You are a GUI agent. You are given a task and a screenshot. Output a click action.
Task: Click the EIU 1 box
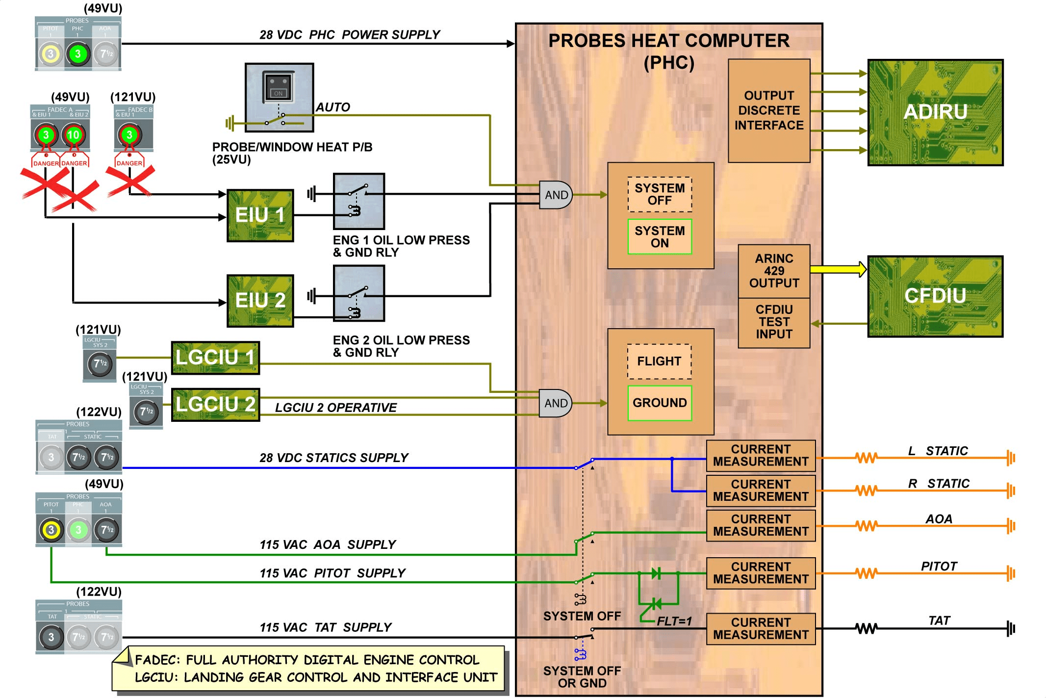(x=260, y=215)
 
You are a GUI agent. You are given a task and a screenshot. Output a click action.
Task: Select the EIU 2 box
(x=260, y=301)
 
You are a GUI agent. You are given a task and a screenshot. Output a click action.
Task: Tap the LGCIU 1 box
(x=215, y=358)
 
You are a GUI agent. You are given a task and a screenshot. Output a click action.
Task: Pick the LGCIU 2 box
(x=215, y=405)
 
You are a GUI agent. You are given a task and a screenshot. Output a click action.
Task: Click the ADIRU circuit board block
(x=935, y=113)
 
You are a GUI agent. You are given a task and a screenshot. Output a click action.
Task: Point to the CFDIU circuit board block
(x=935, y=296)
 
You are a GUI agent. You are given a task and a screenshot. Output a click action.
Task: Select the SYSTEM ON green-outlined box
(x=660, y=237)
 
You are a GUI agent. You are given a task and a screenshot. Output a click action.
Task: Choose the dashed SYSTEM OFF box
(x=660, y=194)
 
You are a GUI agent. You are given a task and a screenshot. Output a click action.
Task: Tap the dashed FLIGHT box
(x=659, y=362)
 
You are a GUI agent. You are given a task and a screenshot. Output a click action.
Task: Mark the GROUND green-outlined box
(x=660, y=403)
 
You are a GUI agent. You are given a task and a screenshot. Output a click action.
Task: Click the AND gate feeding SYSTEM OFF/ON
(x=556, y=195)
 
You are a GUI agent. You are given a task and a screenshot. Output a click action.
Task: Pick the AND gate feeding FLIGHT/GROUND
(x=555, y=403)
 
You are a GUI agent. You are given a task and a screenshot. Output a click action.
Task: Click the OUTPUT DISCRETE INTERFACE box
(x=769, y=111)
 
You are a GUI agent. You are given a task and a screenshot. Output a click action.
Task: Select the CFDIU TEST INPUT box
(x=774, y=322)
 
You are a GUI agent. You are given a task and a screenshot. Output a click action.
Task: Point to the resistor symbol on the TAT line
(x=866, y=628)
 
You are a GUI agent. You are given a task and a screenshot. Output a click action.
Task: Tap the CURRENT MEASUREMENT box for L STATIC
(x=761, y=456)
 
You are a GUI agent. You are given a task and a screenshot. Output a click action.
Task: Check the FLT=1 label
(x=674, y=621)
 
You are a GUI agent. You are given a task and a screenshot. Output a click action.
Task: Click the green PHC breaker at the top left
(x=77, y=54)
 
